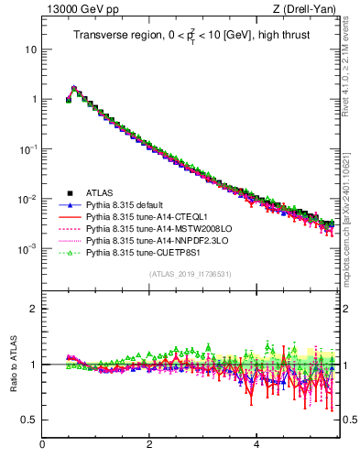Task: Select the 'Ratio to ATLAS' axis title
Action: tap(12, 364)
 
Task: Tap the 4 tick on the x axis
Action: tap(256, 446)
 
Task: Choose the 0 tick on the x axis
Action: tap(42, 446)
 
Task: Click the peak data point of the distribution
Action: tap(74, 90)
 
